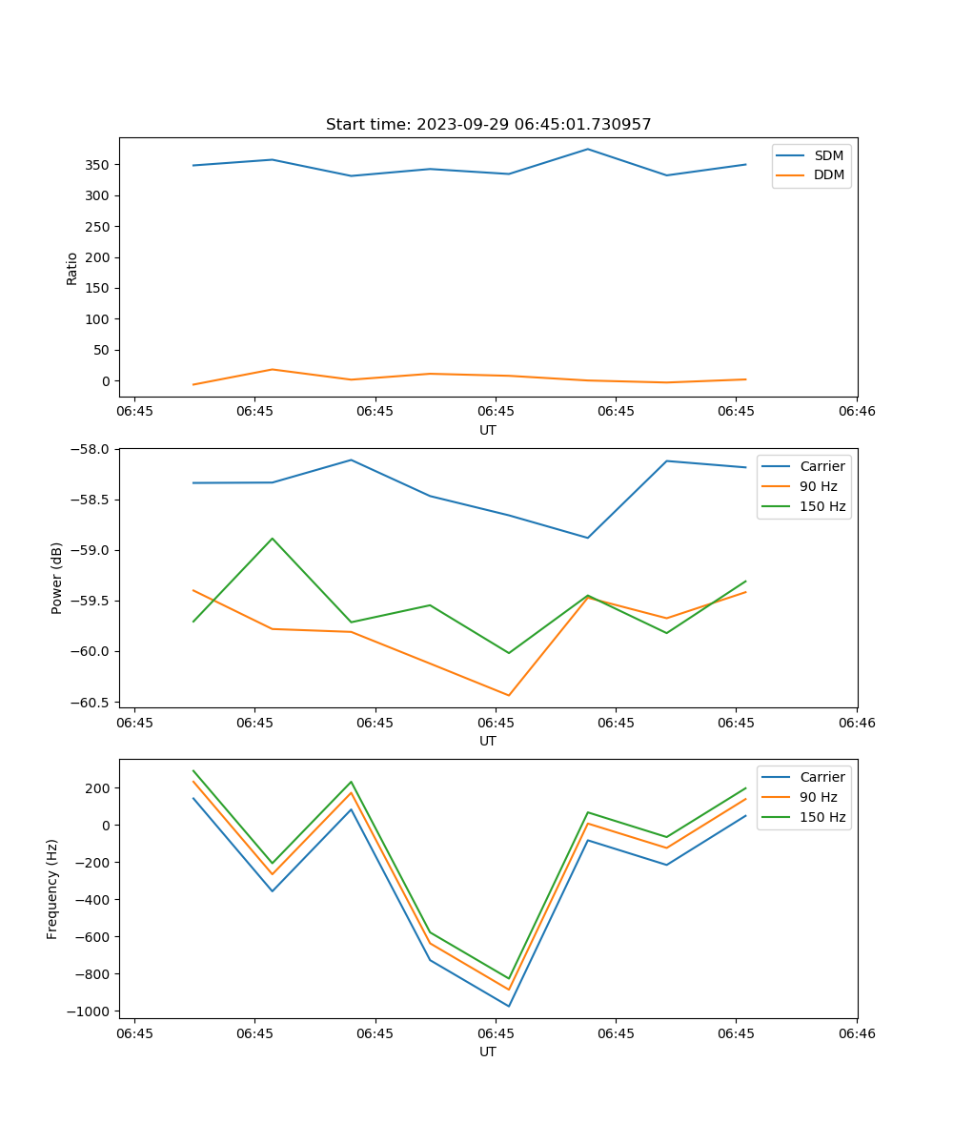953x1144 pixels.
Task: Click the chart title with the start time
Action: (x=488, y=125)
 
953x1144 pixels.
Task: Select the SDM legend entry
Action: (x=828, y=155)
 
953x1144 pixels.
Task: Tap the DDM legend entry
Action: (x=828, y=174)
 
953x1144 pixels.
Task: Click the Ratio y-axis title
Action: (x=71, y=268)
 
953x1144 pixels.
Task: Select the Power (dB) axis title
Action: (x=57, y=578)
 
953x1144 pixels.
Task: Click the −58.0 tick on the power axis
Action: (x=91, y=449)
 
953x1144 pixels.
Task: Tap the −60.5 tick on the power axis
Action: (x=91, y=703)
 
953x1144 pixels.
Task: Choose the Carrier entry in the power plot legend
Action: (x=821, y=466)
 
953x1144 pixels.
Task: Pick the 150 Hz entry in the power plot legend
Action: (x=821, y=506)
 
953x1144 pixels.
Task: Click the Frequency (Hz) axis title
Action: (x=52, y=889)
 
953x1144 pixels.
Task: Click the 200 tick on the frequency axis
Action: (x=95, y=788)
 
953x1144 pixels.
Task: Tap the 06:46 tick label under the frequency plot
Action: (x=857, y=1032)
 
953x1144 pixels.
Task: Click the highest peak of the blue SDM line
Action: (x=588, y=149)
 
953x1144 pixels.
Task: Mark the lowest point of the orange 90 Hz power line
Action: (x=509, y=695)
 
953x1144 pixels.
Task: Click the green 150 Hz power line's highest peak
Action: (x=273, y=539)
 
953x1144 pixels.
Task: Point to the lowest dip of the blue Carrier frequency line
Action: (x=509, y=1006)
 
